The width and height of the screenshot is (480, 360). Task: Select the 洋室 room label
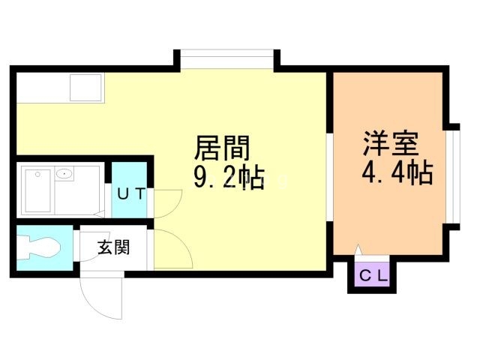coord(390,142)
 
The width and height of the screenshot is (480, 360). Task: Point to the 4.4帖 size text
coord(397,174)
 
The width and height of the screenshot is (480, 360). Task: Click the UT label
coord(131,193)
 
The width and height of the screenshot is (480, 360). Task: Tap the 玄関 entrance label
coord(113,246)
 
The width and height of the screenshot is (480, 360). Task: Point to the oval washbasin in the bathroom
coord(65,175)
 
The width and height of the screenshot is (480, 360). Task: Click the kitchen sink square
coord(87,88)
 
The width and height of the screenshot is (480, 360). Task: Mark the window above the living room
coord(226,59)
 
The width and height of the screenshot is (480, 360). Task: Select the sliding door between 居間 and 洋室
coord(330,177)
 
